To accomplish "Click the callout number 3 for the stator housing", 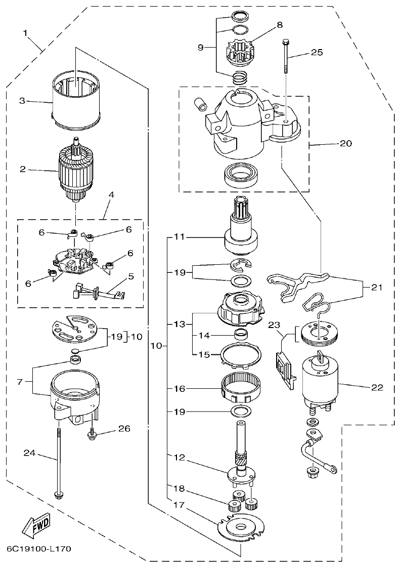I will point(22,101).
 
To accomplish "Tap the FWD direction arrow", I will point(36,526).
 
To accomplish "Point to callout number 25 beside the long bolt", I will point(317,53).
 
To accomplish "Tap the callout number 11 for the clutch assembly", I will point(180,236).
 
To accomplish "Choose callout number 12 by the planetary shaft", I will point(180,457).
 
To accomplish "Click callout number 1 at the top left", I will point(25,33).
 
